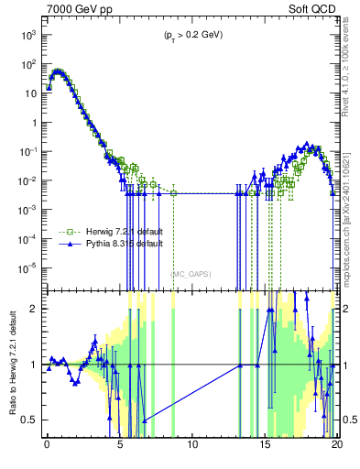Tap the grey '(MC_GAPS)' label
click(x=189, y=273)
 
